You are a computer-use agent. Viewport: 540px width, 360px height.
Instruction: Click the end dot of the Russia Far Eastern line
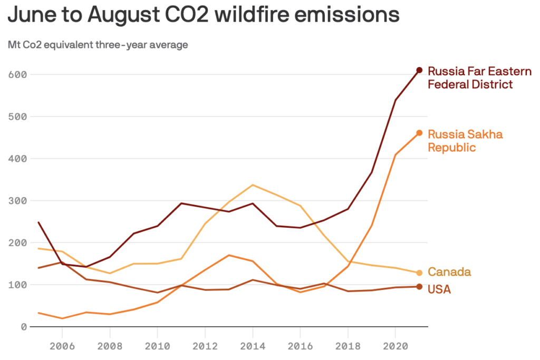coord(419,70)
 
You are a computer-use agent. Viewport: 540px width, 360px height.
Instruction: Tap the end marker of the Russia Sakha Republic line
coord(419,133)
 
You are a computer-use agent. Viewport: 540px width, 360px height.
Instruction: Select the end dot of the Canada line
coord(419,273)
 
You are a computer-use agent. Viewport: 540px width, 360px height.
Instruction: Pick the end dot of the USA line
coord(419,287)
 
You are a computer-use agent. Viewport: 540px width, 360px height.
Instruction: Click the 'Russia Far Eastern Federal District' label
coord(470,77)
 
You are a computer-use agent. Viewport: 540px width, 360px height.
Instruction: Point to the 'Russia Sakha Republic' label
coord(465,140)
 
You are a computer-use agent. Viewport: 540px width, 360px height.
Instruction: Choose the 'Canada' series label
coord(449,272)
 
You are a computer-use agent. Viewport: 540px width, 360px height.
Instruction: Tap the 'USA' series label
coord(439,289)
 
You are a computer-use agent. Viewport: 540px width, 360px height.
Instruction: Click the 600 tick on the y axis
coord(17,74)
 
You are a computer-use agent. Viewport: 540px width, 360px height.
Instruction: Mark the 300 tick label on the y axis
coord(17,201)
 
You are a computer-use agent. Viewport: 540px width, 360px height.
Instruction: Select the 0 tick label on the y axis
coord(24,327)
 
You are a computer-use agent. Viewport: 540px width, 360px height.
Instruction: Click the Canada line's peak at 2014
coord(253,184)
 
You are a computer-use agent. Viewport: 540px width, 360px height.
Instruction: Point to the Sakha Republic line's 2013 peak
coord(229,255)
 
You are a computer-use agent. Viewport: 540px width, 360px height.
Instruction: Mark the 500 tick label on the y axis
coord(17,116)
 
